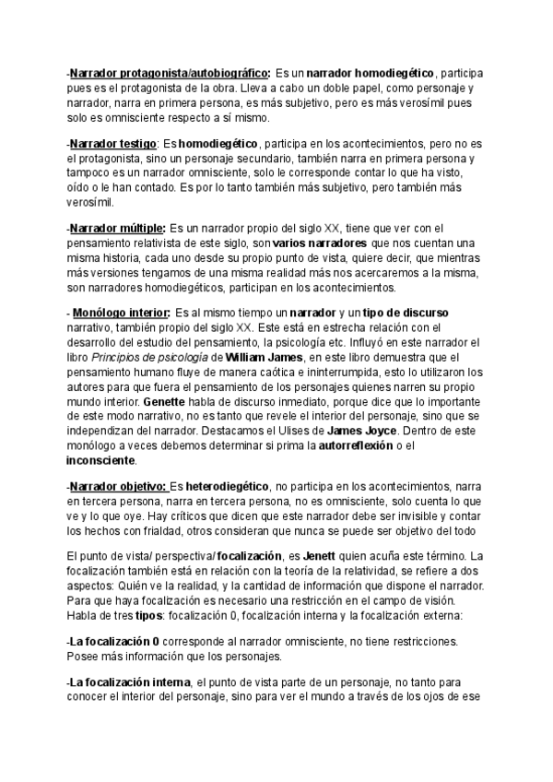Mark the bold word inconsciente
pyautogui.click(x=100, y=460)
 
